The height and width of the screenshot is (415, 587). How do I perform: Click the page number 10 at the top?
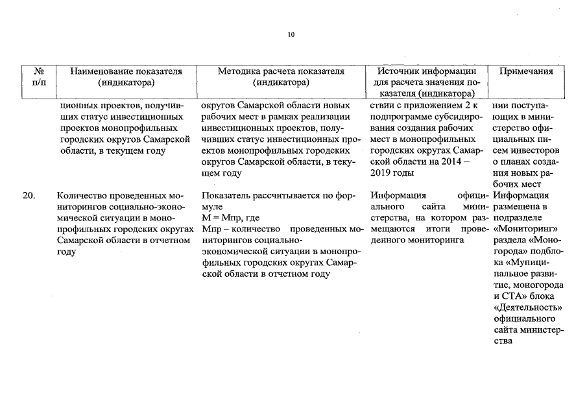[291, 34]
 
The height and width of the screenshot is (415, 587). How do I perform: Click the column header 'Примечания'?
[525, 71]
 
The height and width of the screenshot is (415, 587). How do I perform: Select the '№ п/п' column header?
[39, 77]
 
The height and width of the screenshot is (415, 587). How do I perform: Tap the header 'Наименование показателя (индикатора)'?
[126, 77]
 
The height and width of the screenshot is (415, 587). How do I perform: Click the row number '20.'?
[29, 195]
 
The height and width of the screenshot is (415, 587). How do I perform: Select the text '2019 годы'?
[392, 174]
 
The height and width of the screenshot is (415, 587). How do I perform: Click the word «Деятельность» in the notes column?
[527, 307]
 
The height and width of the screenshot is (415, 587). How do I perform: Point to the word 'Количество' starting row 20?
[80, 195]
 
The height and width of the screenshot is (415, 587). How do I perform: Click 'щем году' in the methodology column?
[221, 173]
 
